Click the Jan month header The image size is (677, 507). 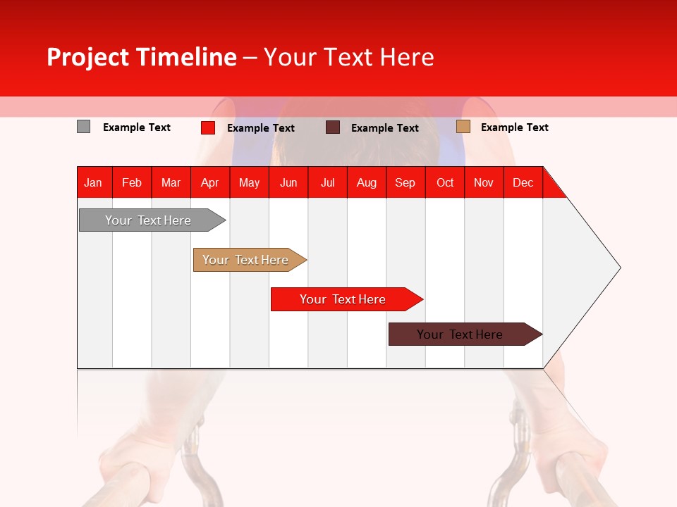coord(93,182)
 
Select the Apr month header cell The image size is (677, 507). coord(209,182)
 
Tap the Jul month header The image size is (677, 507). coord(327,182)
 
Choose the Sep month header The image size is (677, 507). coord(405,182)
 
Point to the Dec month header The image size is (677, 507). coord(523,182)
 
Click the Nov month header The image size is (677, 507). coord(483,182)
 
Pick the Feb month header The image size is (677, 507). coord(132,182)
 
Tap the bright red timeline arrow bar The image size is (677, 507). coord(343,299)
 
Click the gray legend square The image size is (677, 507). coord(83,127)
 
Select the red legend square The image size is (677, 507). coord(207,127)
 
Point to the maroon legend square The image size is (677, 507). coord(333,127)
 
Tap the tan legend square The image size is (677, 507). coord(463,127)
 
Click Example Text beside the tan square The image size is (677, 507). coord(514,127)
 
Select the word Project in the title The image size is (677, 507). coord(87,57)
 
